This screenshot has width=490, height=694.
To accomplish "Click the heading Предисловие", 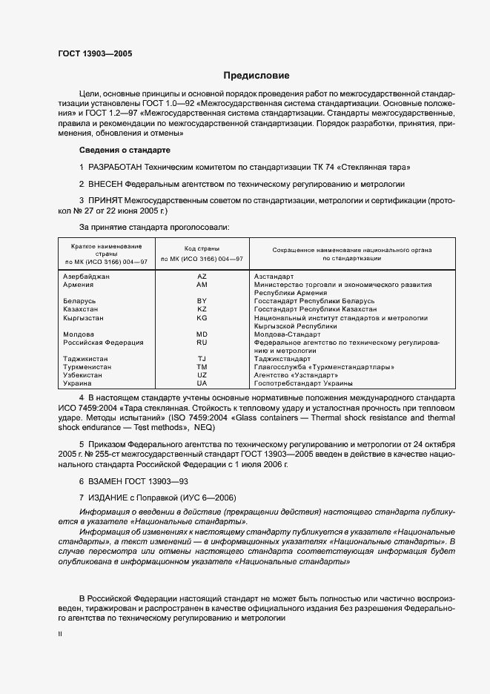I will tap(256, 76).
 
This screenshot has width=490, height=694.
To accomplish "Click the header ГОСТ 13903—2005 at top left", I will tap(91, 53).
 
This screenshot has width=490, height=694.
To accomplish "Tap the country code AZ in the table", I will tap(202, 276).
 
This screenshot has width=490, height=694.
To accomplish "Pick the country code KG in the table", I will tap(202, 317).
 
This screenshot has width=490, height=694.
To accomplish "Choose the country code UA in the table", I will tap(202, 384).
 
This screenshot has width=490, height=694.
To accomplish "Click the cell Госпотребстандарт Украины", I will tap(303, 384).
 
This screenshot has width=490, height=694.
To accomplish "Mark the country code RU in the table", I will tap(202, 343).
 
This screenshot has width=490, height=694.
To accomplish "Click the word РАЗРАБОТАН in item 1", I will tap(116, 167).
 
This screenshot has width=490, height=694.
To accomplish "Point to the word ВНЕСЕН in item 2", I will tap(106, 184).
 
